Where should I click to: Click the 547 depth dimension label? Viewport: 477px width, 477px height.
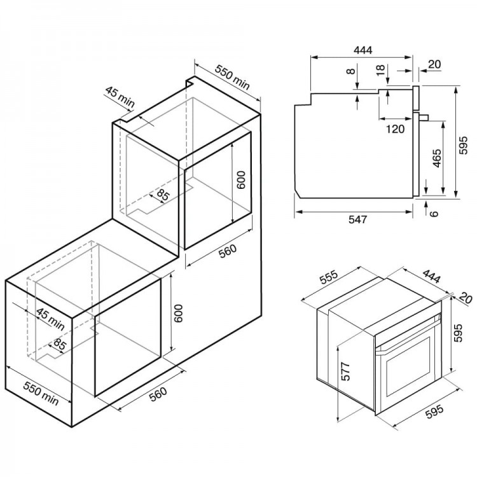pyautogui.click(x=357, y=219)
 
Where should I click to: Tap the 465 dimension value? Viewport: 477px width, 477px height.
pyautogui.click(x=436, y=158)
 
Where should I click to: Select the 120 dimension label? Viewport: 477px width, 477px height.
pyautogui.click(x=395, y=129)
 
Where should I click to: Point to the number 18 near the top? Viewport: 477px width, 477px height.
pyautogui.click(x=380, y=70)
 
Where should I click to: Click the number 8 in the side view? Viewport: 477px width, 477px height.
pyautogui.click(x=351, y=71)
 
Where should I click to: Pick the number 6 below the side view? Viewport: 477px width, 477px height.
pyautogui.click(x=434, y=213)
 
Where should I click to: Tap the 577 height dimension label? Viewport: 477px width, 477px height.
pyautogui.click(x=345, y=371)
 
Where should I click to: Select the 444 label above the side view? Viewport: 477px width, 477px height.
pyautogui.click(x=363, y=50)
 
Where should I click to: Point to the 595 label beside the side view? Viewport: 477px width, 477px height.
pyautogui.click(x=463, y=145)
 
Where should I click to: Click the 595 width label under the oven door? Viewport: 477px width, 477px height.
pyautogui.click(x=434, y=411)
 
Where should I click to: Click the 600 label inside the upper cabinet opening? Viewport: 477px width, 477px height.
pyautogui.click(x=240, y=180)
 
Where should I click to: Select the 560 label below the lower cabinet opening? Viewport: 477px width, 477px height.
pyautogui.click(x=159, y=394)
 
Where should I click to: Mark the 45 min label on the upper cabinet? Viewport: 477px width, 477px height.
pyautogui.click(x=120, y=97)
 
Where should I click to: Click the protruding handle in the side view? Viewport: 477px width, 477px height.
pyautogui.click(x=424, y=117)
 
